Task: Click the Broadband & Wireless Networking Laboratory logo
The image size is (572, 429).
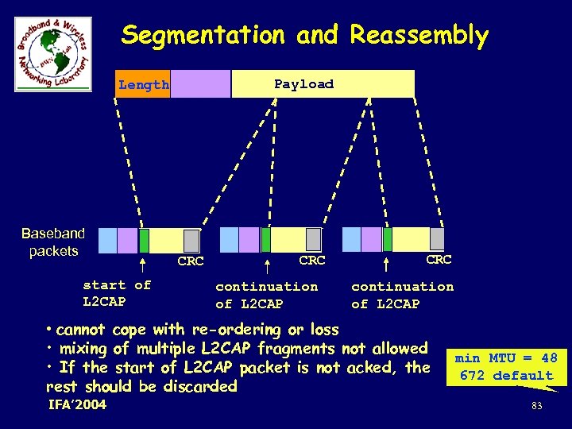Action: tap(52, 52)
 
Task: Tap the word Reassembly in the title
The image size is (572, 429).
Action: tap(419, 36)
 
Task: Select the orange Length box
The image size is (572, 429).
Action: tap(143, 84)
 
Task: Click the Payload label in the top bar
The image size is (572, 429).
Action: tap(303, 83)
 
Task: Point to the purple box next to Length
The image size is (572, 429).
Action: tap(200, 84)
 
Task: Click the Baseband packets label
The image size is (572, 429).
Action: tap(53, 242)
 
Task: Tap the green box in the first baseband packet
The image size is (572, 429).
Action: tap(144, 240)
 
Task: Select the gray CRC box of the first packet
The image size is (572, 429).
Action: tap(191, 240)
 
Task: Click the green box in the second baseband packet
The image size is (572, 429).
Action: tap(266, 239)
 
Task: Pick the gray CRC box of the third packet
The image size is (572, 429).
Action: tap(437, 238)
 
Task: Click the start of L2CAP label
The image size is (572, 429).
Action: tap(117, 294)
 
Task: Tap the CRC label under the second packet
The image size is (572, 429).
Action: tap(312, 260)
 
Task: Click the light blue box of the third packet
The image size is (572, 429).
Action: tap(351, 239)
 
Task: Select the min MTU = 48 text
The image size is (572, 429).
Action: tap(506, 358)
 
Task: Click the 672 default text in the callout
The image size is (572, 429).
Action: tap(506, 376)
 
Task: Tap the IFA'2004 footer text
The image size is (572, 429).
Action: tap(77, 406)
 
